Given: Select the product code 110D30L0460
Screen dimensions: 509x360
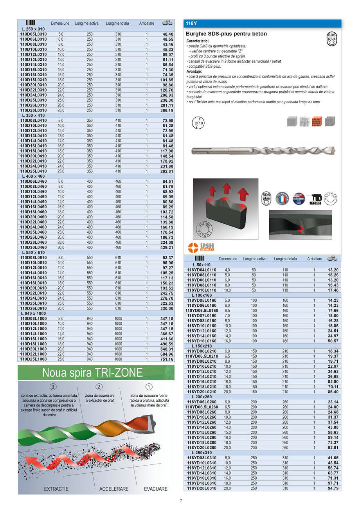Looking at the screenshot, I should click(x=33, y=247).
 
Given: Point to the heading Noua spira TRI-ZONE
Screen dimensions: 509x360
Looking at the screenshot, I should click(x=93, y=372).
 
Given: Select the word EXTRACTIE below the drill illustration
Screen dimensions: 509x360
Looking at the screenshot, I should click(x=56, y=489).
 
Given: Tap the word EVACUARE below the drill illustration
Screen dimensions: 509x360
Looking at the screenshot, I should click(x=155, y=489).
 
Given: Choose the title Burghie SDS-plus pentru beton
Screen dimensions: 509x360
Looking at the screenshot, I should click(x=226, y=34).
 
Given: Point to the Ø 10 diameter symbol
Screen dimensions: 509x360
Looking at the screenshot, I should click(x=199, y=123).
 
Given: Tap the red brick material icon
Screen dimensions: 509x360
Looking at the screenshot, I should click(x=317, y=121).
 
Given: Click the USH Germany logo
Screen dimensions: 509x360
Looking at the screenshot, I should click(x=201, y=247).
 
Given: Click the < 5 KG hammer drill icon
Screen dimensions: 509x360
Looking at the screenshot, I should click(x=315, y=198).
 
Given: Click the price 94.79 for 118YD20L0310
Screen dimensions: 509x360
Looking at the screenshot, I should click(x=333, y=488).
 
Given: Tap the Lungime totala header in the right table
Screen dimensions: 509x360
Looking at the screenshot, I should click(x=285, y=259).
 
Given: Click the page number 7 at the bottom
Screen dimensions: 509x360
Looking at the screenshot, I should click(x=181, y=501).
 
